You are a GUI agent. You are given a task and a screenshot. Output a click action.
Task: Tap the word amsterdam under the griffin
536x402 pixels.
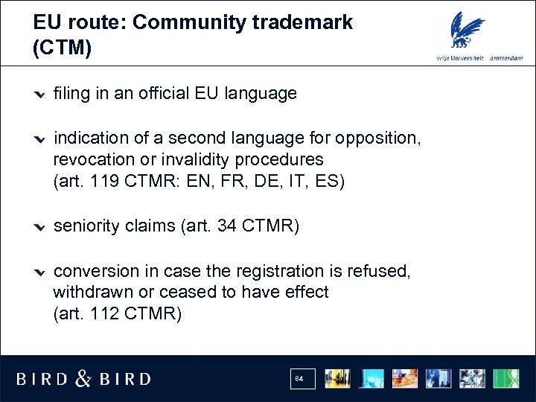click(506, 60)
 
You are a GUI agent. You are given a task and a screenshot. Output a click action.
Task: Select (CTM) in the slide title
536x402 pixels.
click(63, 49)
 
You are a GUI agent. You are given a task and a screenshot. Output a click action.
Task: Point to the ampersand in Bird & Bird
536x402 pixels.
click(83, 379)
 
